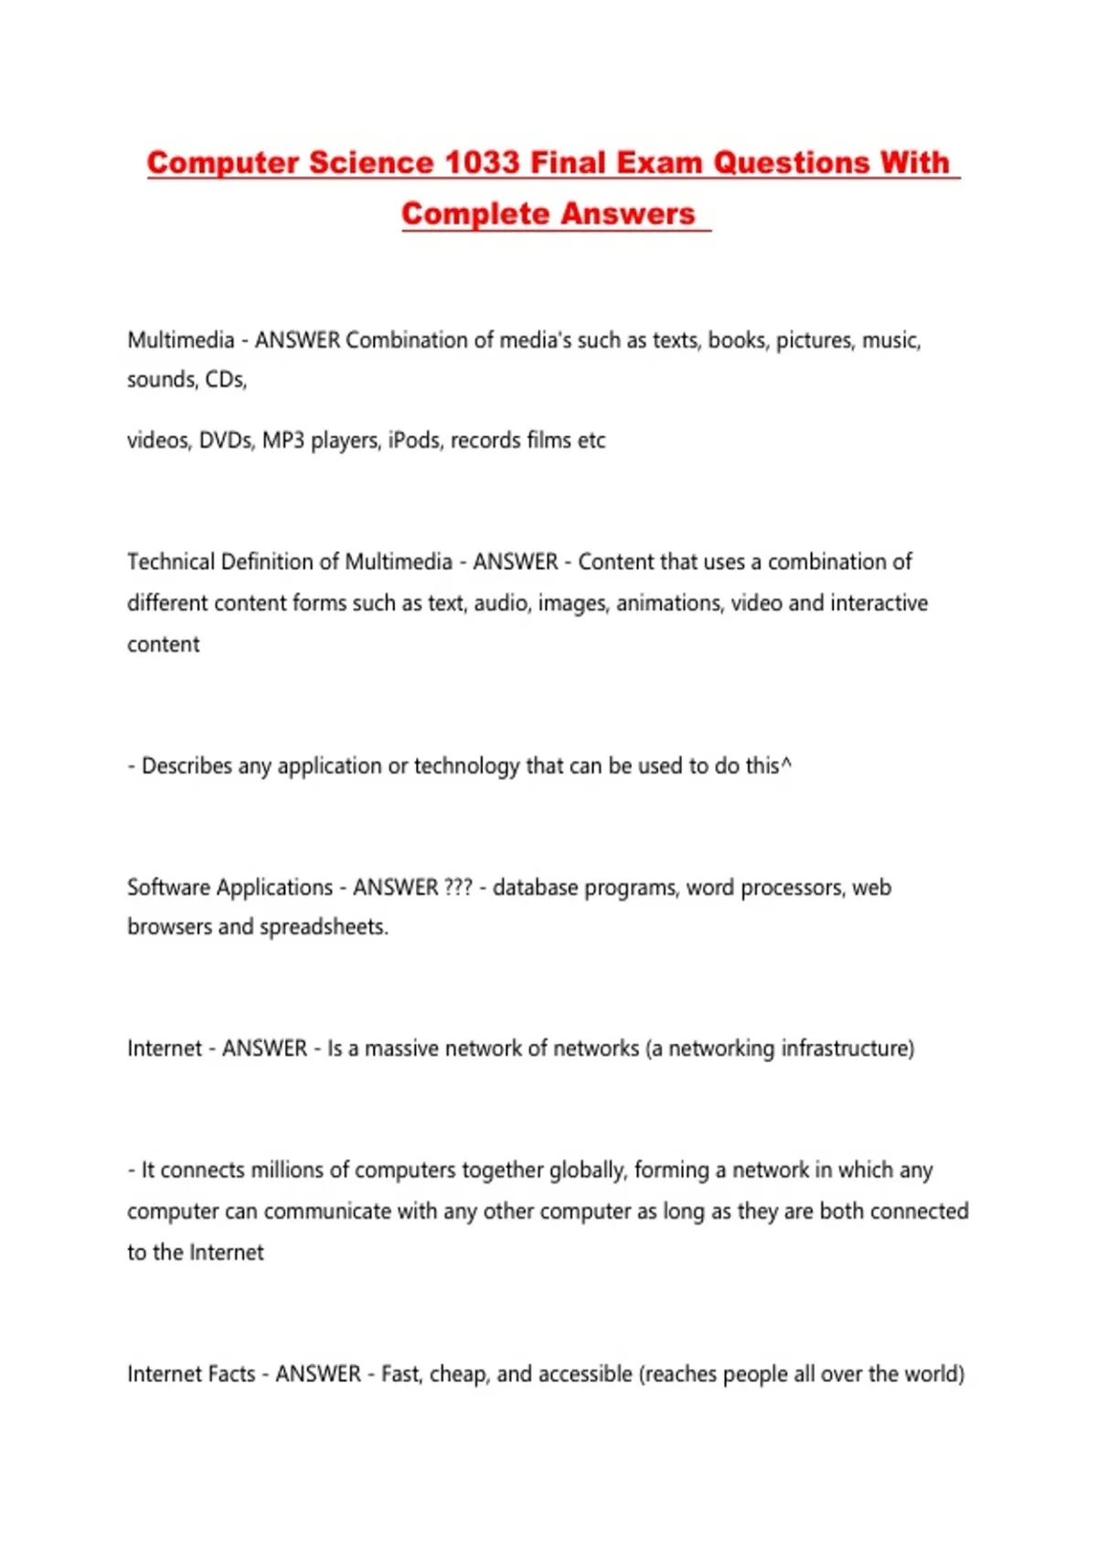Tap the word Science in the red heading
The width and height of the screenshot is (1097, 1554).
point(371,163)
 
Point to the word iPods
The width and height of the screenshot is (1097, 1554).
point(414,441)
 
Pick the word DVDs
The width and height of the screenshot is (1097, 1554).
point(226,441)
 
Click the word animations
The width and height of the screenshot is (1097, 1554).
point(667,603)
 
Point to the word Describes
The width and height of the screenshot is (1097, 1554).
point(186,766)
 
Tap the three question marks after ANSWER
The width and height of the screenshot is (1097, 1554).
point(458,888)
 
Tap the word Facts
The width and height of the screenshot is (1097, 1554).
point(231,1374)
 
